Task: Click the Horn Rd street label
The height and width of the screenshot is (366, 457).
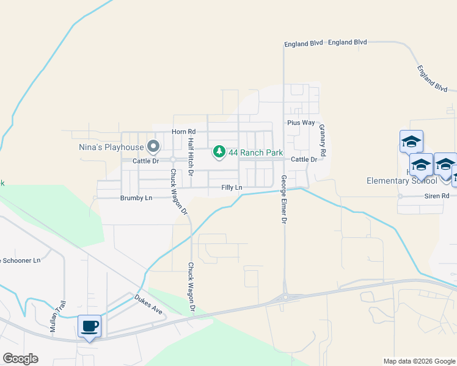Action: [x=183, y=132]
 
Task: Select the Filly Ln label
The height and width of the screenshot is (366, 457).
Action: [x=232, y=187]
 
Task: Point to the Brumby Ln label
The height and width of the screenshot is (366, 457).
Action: [x=136, y=198]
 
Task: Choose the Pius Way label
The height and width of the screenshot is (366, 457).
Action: [x=301, y=123]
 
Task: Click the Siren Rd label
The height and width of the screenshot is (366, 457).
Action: [x=437, y=196]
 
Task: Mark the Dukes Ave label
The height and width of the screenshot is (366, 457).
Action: [x=150, y=304]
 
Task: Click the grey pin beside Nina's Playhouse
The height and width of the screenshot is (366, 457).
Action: [x=153, y=146]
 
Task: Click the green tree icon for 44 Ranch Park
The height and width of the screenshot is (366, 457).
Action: [x=219, y=152]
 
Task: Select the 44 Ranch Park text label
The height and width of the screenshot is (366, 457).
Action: [x=252, y=152]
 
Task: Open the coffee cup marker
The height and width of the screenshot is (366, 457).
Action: [x=90, y=326]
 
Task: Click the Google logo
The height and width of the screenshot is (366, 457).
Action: [x=20, y=359]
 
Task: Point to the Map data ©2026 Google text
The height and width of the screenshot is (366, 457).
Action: [x=419, y=361]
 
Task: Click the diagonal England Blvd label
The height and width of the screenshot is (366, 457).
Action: [x=432, y=77]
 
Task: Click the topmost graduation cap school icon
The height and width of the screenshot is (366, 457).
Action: [x=411, y=142]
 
